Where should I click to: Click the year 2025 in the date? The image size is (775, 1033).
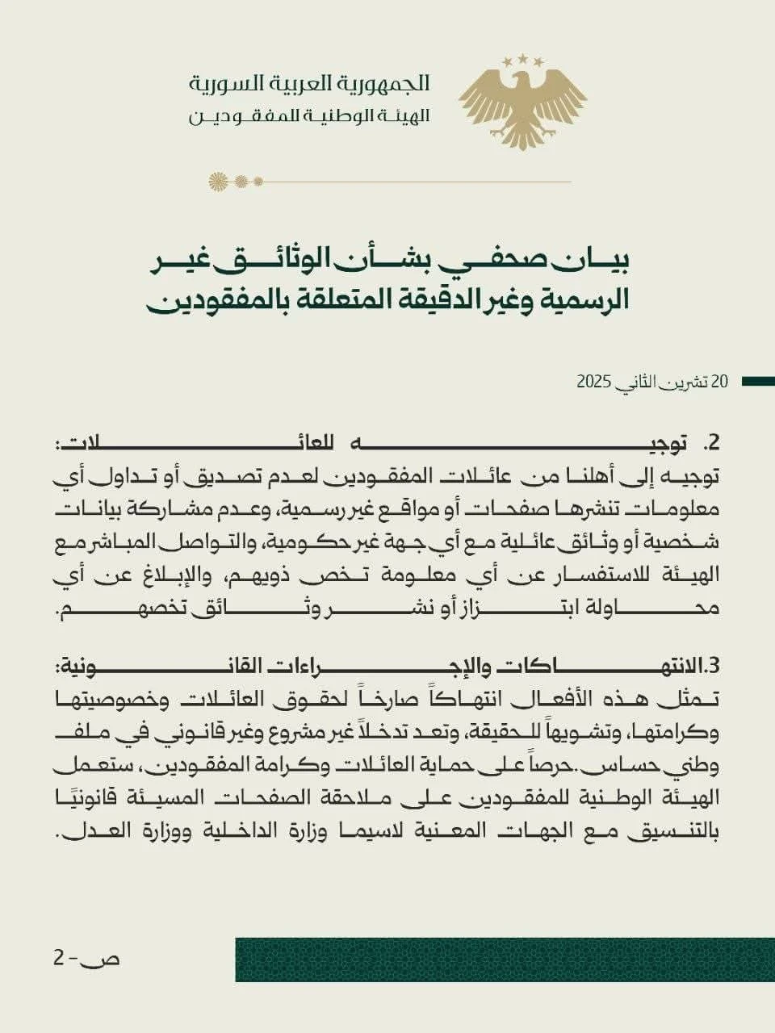pos(592,382)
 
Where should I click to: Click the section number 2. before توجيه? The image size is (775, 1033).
pos(710,443)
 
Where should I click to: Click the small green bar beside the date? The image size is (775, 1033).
pos(757,382)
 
